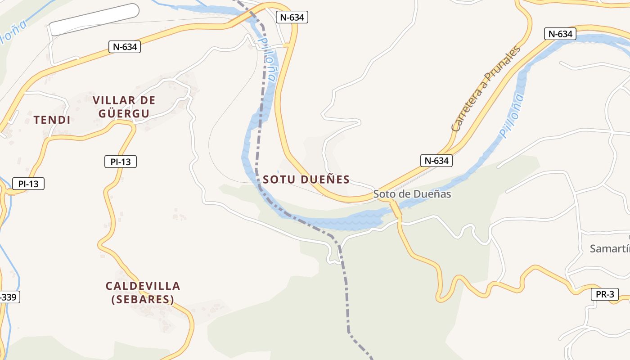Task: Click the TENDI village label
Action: (x=52, y=120)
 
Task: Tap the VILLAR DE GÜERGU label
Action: (x=124, y=107)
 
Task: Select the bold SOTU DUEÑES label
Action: (x=306, y=180)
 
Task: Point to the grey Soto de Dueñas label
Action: (x=412, y=194)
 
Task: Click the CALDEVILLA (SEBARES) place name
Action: (x=143, y=292)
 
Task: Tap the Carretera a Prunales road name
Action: (x=486, y=88)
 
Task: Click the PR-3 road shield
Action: (x=604, y=295)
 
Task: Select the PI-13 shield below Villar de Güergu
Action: (x=120, y=162)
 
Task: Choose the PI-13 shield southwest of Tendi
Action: (x=28, y=184)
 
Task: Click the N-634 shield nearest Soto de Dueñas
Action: (x=436, y=161)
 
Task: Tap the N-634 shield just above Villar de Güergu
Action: (x=125, y=46)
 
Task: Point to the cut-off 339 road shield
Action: (x=9, y=297)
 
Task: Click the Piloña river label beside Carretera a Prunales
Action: (x=512, y=116)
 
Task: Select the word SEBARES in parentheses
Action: (x=143, y=299)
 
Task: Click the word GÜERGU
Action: (x=124, y=113)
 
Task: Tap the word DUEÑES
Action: (x=324, y=180)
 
